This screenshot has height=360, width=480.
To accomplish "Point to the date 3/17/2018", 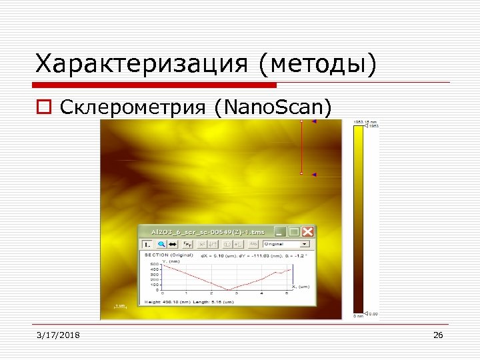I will (x=58, y=335).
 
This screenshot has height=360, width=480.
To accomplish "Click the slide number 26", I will (x=438, y=335).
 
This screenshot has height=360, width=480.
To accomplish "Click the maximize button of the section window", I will (x=294, y=231).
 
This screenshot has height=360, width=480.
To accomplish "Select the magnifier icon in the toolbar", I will (x=161, y=245).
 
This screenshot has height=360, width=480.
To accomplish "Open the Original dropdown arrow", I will (x=305, y=245).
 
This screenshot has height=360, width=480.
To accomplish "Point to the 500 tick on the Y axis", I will (x=154, y=264).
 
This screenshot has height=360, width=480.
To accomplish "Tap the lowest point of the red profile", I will (x=229, y=290).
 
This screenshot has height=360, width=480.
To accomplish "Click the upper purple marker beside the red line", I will (x=313, y=122).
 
